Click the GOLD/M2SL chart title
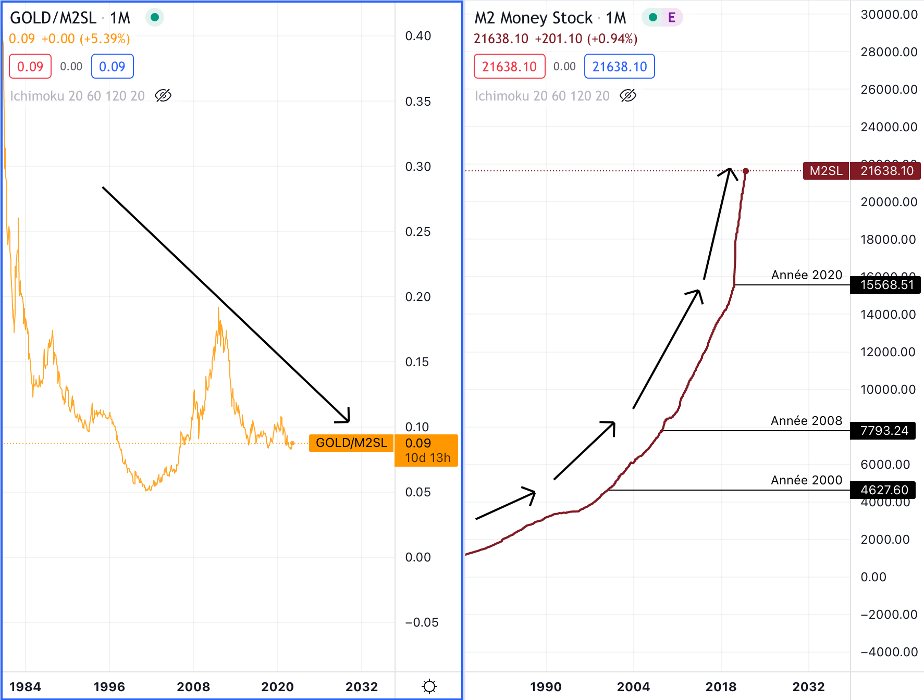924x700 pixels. pos(53,18)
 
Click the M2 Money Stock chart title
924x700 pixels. pos(533,18)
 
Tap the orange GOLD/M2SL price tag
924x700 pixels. pos(351,443)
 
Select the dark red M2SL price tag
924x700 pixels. pos(826,171)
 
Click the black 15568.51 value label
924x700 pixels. pos(886,285)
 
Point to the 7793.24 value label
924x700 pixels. pos(884,431)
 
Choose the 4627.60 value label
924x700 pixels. pos(884,490)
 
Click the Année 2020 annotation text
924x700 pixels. pos(806,275)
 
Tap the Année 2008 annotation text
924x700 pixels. pos(806,421)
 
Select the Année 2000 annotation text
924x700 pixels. pos(806,480)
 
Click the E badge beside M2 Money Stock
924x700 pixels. pos(671,18)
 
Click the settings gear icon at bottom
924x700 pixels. pos(429,686)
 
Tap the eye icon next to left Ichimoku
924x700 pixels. pos(163,96)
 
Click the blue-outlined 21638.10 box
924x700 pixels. pos(619,67)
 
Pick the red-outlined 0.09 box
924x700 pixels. pos(30,67)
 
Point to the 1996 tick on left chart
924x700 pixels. pos(109,686)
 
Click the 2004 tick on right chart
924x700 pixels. pos(633,686)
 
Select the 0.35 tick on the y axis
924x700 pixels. pos(418,102)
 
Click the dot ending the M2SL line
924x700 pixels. pos(746,171)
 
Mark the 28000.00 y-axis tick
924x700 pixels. pos(889,52)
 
